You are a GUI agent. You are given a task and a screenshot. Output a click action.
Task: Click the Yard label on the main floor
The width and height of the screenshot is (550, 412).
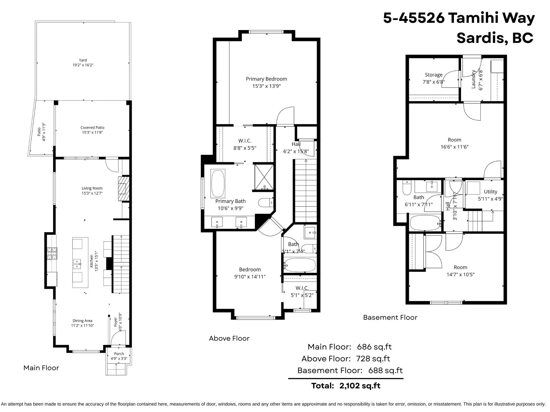[x=83, y=60]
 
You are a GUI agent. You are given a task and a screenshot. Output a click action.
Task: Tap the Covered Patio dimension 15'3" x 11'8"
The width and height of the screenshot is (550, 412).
[x=92, y=133]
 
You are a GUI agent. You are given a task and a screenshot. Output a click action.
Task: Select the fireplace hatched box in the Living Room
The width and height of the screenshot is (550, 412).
[x=124, y=188]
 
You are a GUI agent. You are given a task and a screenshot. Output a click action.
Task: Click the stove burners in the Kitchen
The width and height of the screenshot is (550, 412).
[x=52, y=253]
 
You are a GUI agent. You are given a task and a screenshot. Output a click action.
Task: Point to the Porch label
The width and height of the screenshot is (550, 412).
[x=119, y=354]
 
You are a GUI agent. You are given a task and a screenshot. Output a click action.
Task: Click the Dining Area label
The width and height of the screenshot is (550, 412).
[x=82, y=321]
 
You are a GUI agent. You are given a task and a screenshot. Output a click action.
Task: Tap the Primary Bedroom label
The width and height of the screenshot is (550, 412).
[x=266, y=79]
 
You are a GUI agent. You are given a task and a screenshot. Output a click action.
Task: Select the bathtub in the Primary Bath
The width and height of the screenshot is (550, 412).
[x=218, y=183]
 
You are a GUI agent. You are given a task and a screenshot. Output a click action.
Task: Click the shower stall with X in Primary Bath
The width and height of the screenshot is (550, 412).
[x=264, y=177]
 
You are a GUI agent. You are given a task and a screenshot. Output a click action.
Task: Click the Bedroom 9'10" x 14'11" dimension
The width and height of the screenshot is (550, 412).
[x=250, y=277]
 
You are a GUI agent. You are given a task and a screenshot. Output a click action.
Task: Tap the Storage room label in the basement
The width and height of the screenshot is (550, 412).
[x=434, y=75]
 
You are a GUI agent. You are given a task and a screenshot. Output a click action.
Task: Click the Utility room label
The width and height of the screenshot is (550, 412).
[x=490, y=192]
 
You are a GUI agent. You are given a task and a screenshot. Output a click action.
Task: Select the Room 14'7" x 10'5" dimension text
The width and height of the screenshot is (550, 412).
[x=461, y=274]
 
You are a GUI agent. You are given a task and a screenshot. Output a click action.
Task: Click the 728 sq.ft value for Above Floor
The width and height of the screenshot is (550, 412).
[x=373, y=359]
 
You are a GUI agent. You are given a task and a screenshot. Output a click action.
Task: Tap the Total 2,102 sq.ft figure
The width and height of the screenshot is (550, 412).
[x=360, y=386]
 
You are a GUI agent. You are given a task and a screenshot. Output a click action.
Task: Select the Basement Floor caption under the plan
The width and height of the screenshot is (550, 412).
[x=390, y=317]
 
